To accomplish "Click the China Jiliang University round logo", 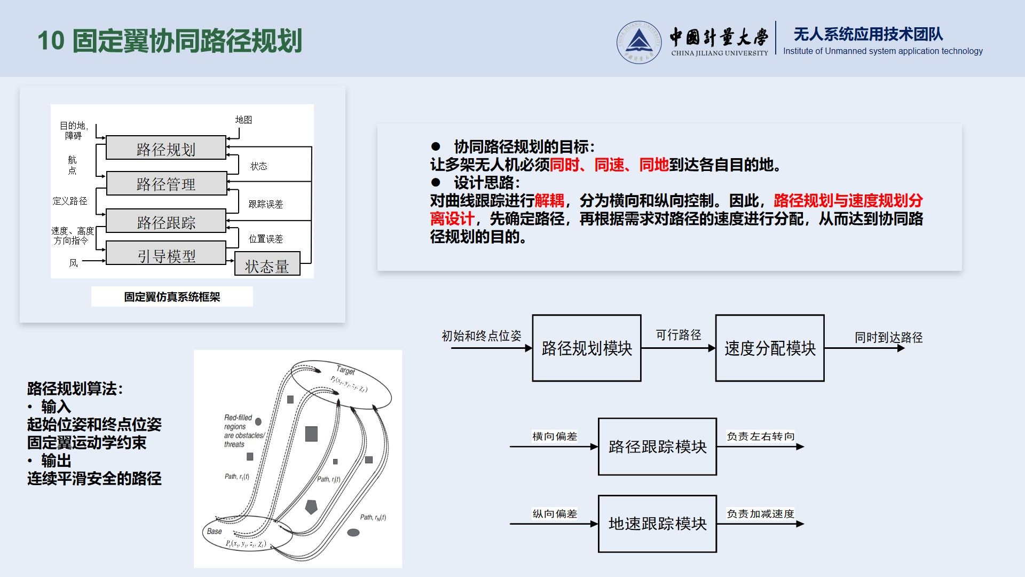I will [x=638, y=42].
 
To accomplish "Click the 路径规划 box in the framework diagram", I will [x=166, y=148].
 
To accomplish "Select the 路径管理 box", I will [x=166, y=184].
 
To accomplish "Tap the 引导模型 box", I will [x=166, y=254].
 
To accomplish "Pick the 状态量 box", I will [x=267, y=265].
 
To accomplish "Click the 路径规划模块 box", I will [x=587, y=348].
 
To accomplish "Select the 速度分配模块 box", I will [x=770, y=348].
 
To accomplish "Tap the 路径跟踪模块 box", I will [x=657, y=447].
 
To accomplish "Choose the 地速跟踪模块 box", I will [x=657, y=524].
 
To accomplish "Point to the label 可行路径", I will [x=678, y=335].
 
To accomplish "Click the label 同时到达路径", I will [x=888, y=338].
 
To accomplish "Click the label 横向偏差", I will [x=555, y=436].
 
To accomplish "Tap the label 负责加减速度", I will [x=760, y=514].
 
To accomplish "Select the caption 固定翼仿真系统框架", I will [x=172, y=297].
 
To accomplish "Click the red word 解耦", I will [x=549, y=201].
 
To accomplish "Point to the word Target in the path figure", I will [x=345, y=370].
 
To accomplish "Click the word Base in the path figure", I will [x=214, y=531].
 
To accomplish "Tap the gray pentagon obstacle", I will [x=311, y=506].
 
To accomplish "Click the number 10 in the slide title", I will [x=51, y=41].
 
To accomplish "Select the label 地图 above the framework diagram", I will [x=243, y=120].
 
